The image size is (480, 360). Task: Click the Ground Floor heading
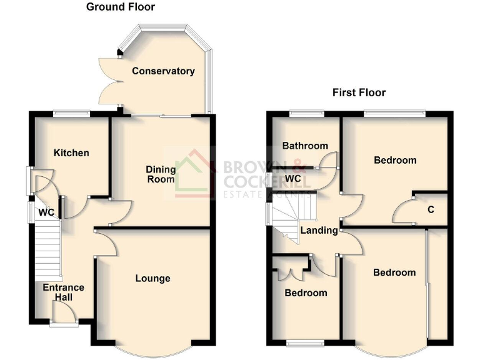click(121, 7)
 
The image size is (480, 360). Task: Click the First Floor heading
click(359, 92)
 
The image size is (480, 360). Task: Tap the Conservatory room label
click(163, 71)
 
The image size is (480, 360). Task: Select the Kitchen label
click(71, 153)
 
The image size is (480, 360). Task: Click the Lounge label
click(152, 279)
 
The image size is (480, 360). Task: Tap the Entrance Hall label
click(63, 292)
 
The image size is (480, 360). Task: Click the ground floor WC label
click(46, 212)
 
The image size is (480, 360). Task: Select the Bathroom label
click(305, 146)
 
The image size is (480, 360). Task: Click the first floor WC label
click(293, 179)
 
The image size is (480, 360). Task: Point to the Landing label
click(319, 231)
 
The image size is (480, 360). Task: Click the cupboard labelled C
click(431, 210)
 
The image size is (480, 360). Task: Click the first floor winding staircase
click(291, 216)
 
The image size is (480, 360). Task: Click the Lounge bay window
click(152, 349)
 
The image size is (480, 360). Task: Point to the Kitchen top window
click(71, 113)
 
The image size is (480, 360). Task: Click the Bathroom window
click(307, 113)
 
